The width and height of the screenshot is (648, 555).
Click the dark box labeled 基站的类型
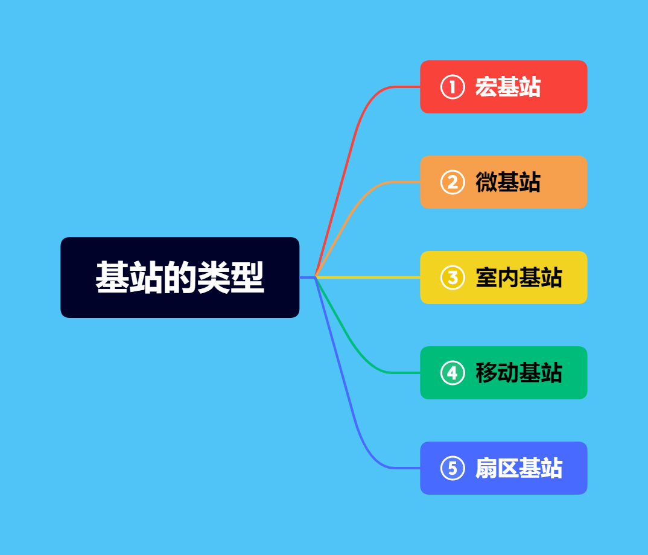pos(180,277)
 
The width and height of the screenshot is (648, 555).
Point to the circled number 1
pos(453,87)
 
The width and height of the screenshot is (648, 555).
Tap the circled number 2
pos(453,182)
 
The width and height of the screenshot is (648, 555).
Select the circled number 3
pos(453,277)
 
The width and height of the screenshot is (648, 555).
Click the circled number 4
pos(453,373)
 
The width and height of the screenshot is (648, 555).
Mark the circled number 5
pos(453,468)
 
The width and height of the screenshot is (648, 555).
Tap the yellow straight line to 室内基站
pos(368,277)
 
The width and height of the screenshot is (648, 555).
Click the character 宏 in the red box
pos(486,87)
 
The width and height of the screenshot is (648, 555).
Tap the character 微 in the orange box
pos(486,182)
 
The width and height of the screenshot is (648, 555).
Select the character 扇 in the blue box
pos(486,468)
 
